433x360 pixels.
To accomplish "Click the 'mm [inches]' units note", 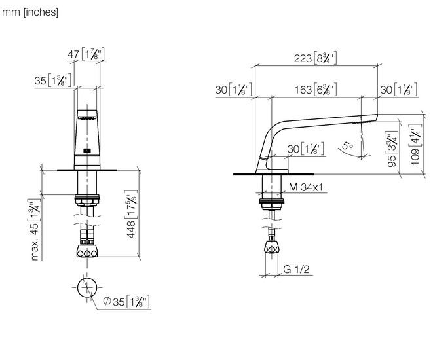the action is pyautogui.click(x=30, y=12).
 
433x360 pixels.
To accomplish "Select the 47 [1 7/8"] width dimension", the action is pyautogui.click(x=86, y=54).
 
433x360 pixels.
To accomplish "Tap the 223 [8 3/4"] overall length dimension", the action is pyautogui.click(x=315, y=58).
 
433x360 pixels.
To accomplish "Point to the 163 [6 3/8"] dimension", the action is pyautogui.click(x=316, y=90).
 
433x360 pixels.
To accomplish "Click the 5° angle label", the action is pyautogui.click(x=347, y=145).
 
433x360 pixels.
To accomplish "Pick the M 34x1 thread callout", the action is pyautogui.click(x=306, y=187).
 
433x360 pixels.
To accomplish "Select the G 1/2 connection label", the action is pyautogui.click(x=296, y=269).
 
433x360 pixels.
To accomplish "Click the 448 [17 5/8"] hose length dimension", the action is pyautogui.click(x=131, y=214).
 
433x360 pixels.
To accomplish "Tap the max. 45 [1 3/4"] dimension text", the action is pyautogui.click(x=34, y=230).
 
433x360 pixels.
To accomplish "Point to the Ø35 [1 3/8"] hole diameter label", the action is pyautogui.click(x=126, y=302).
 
